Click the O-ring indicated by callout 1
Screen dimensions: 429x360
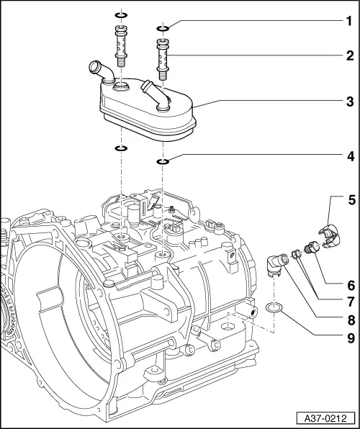coord(163,28)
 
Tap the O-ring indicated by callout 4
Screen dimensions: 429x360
coord(163,161)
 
